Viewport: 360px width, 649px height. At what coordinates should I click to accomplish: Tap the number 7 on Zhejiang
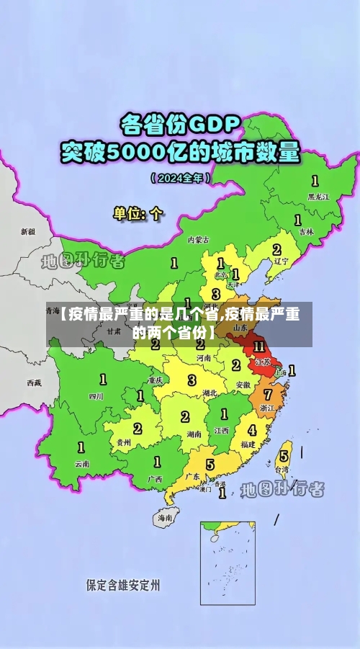[268, 394]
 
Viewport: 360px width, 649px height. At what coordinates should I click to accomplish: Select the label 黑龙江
[318, 196]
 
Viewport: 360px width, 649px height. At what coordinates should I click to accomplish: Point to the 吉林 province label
[307, 231]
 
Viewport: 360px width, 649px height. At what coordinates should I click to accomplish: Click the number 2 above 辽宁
[276, 249]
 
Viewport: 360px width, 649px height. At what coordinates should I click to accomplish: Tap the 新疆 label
[27, 232]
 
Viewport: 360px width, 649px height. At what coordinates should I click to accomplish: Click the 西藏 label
[34, 382]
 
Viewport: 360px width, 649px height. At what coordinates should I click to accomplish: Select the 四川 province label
[96, 395]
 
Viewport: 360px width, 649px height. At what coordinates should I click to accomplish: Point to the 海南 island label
[165, 517]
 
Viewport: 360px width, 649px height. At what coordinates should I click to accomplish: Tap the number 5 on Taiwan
[284, 455]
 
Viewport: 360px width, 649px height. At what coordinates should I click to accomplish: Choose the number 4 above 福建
[251, 430]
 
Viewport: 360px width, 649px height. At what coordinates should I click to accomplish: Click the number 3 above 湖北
[192, 380]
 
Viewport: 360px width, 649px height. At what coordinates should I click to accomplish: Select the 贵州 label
[124, 442]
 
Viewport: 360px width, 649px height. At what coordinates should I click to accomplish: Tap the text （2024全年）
[180, 177]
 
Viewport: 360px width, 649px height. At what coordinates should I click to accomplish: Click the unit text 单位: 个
[138, 214]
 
